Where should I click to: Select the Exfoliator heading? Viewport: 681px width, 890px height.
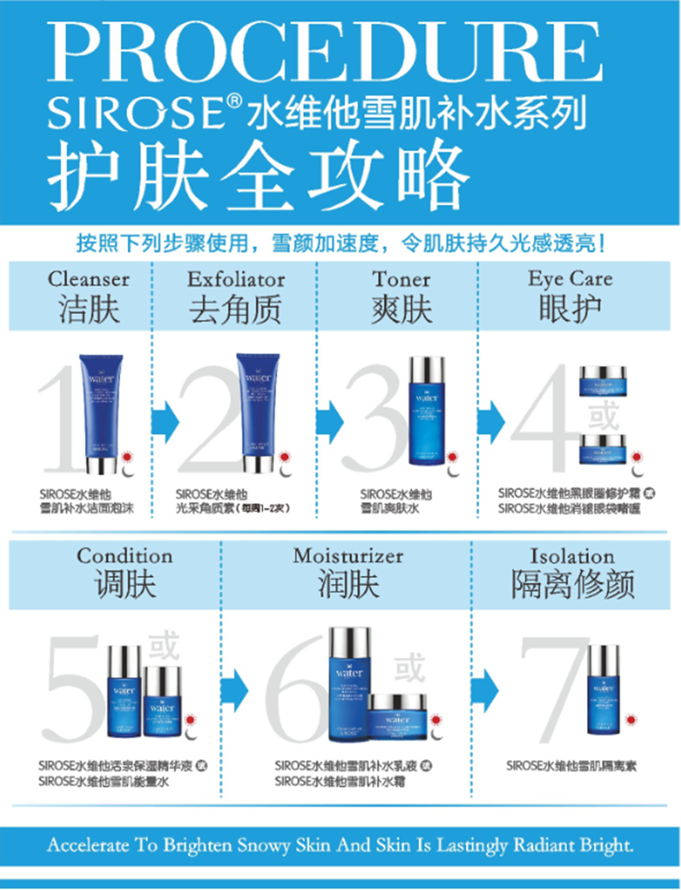click(x=236, y=279)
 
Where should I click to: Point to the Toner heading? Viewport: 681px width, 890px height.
click(x=401, y=279)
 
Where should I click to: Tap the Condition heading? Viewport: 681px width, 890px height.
click(x=124, y=556)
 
